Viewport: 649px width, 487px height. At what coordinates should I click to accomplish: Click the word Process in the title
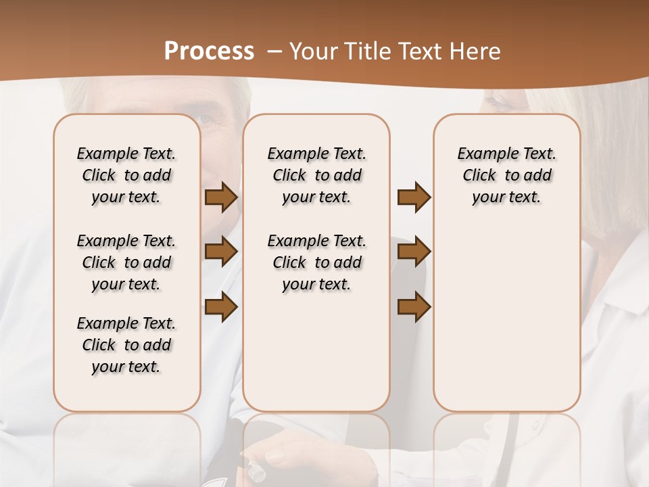pyautogui.click(x=209, y=51)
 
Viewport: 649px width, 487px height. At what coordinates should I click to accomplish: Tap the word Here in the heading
pyautogui.click(x=476, y=51)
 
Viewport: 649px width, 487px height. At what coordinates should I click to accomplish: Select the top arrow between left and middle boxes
pyautogui.click(x=220, y=198)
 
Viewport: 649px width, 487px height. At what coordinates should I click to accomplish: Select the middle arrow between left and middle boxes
pyautogui.click(x=220, y=252)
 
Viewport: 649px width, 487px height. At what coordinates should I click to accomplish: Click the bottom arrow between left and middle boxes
pyautogui.click(x=220, y=307)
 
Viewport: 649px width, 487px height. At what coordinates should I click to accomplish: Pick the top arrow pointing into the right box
pyautogui.click(x=414, y=198)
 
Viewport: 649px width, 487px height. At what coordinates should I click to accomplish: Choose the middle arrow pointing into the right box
pyautogui.click(x=414, y=252)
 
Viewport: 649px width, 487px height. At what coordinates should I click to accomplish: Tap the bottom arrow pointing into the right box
pyautogui.click(x=414, y=307)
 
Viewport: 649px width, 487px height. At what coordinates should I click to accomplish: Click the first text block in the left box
pyautogui.click(x=126, y=175)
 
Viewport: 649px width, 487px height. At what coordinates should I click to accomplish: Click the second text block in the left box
pyautogui.click(x=126, y=262)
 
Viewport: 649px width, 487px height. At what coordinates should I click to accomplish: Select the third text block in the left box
pyautogui.click(x=126, y=345)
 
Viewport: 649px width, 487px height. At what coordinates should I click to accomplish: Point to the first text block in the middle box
pyautogui.click(x=316, y=175)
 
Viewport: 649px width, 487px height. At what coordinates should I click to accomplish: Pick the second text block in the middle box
pyautogui.click(x=316, y=262)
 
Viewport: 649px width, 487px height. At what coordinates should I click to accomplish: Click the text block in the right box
pyautogui.click(x=506, y=175)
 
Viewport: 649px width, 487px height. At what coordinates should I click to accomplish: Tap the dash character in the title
pyautogui.click(x=274, y=51)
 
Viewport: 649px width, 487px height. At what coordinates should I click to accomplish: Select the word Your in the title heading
pyautogui.click(x=312, y=51)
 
